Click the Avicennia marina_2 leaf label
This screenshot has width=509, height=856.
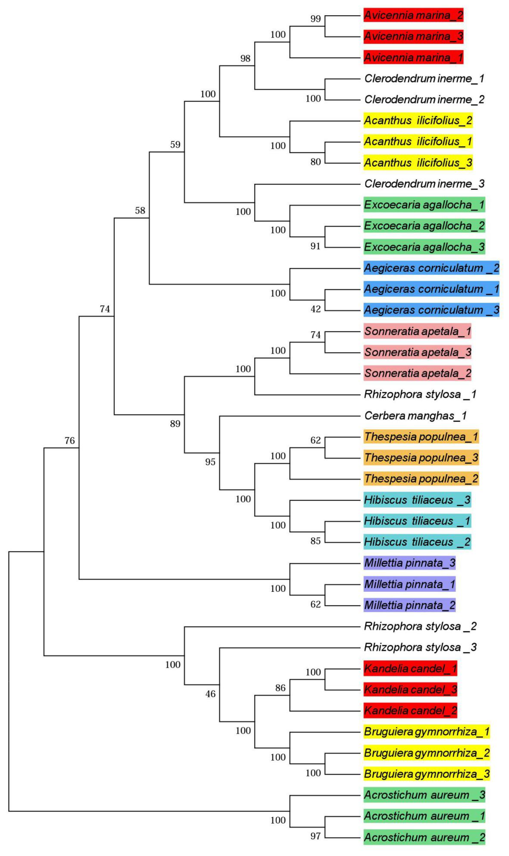(413, 15)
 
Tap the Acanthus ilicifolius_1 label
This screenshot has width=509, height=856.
(418, 141)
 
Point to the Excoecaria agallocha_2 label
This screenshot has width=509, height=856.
(424, 226)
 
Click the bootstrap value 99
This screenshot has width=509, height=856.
(316, 18)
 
